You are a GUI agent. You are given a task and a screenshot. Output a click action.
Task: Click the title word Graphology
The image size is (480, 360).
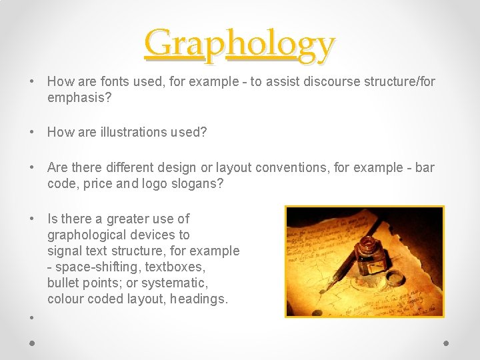click(x=240, y=44)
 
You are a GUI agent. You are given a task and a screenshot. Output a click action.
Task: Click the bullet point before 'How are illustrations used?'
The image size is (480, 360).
click(x=32, y=132)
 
